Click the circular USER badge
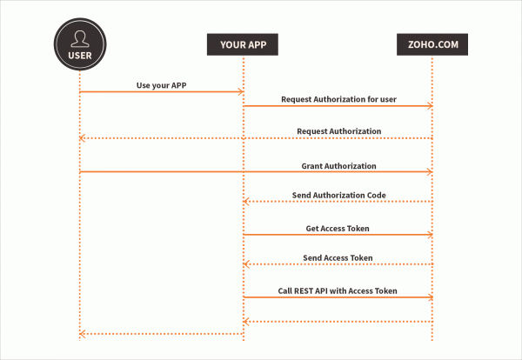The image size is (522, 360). pyautogui.click(x=79, y=45)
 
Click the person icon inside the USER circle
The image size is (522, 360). pyautogui.click(x=79, y=37)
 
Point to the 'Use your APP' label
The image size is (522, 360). pyautogui.click(x=162, y=84)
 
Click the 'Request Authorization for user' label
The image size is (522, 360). pyautogui.click(x=338, y=99)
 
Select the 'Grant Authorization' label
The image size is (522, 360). pyautogui.click(x=338, y=165)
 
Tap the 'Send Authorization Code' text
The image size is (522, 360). pyautogui.click(x=338, y=195)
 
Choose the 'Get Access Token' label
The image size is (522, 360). pyautogui.click(x=338, y=228)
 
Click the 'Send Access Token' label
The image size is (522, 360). pyautogui.click(x=338, y=258)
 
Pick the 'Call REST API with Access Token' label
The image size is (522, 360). pyautogui.click(x=338, y=290)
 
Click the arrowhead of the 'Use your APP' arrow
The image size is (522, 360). pyautogui.click(x=239, y=91)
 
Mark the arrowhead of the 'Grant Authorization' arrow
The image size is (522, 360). pyautogui.click(x=429, y=171)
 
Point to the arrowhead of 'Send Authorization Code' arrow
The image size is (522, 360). pyautogui.click(x=247, y=202)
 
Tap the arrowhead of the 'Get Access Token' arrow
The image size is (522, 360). pyautogui.click(x=429, y=234)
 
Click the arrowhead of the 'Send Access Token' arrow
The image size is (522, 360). pyautogui.click(x=247, y=265)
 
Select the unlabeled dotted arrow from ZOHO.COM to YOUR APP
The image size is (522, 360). pyautogui.click(x=338, y=322)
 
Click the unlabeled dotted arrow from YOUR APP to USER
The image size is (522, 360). pyautogui.click(x=161, y=334)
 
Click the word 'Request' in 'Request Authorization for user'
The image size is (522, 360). pyautogui.click(x=298, y=99)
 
